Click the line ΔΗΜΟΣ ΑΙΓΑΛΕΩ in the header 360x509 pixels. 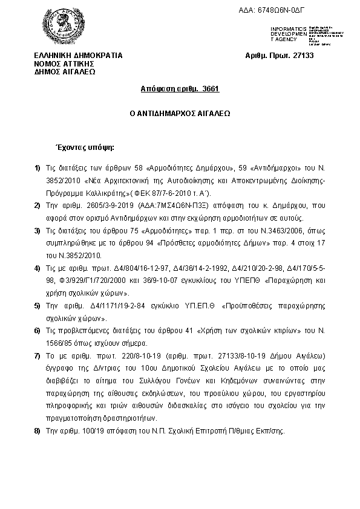tap(65, 71)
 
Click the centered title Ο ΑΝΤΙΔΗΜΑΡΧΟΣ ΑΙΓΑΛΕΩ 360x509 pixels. tap(180, 113)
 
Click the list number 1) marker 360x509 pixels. tap(37, 167)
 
